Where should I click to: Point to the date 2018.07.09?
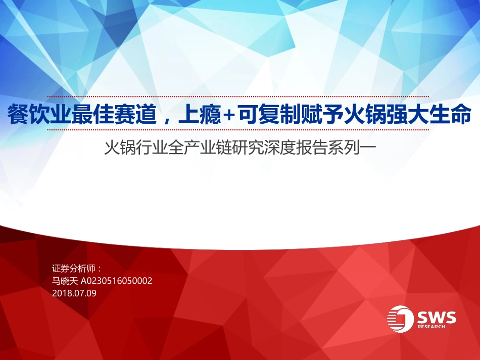[x=74, y=292]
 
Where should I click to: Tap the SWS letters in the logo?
[x=437, y=317]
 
